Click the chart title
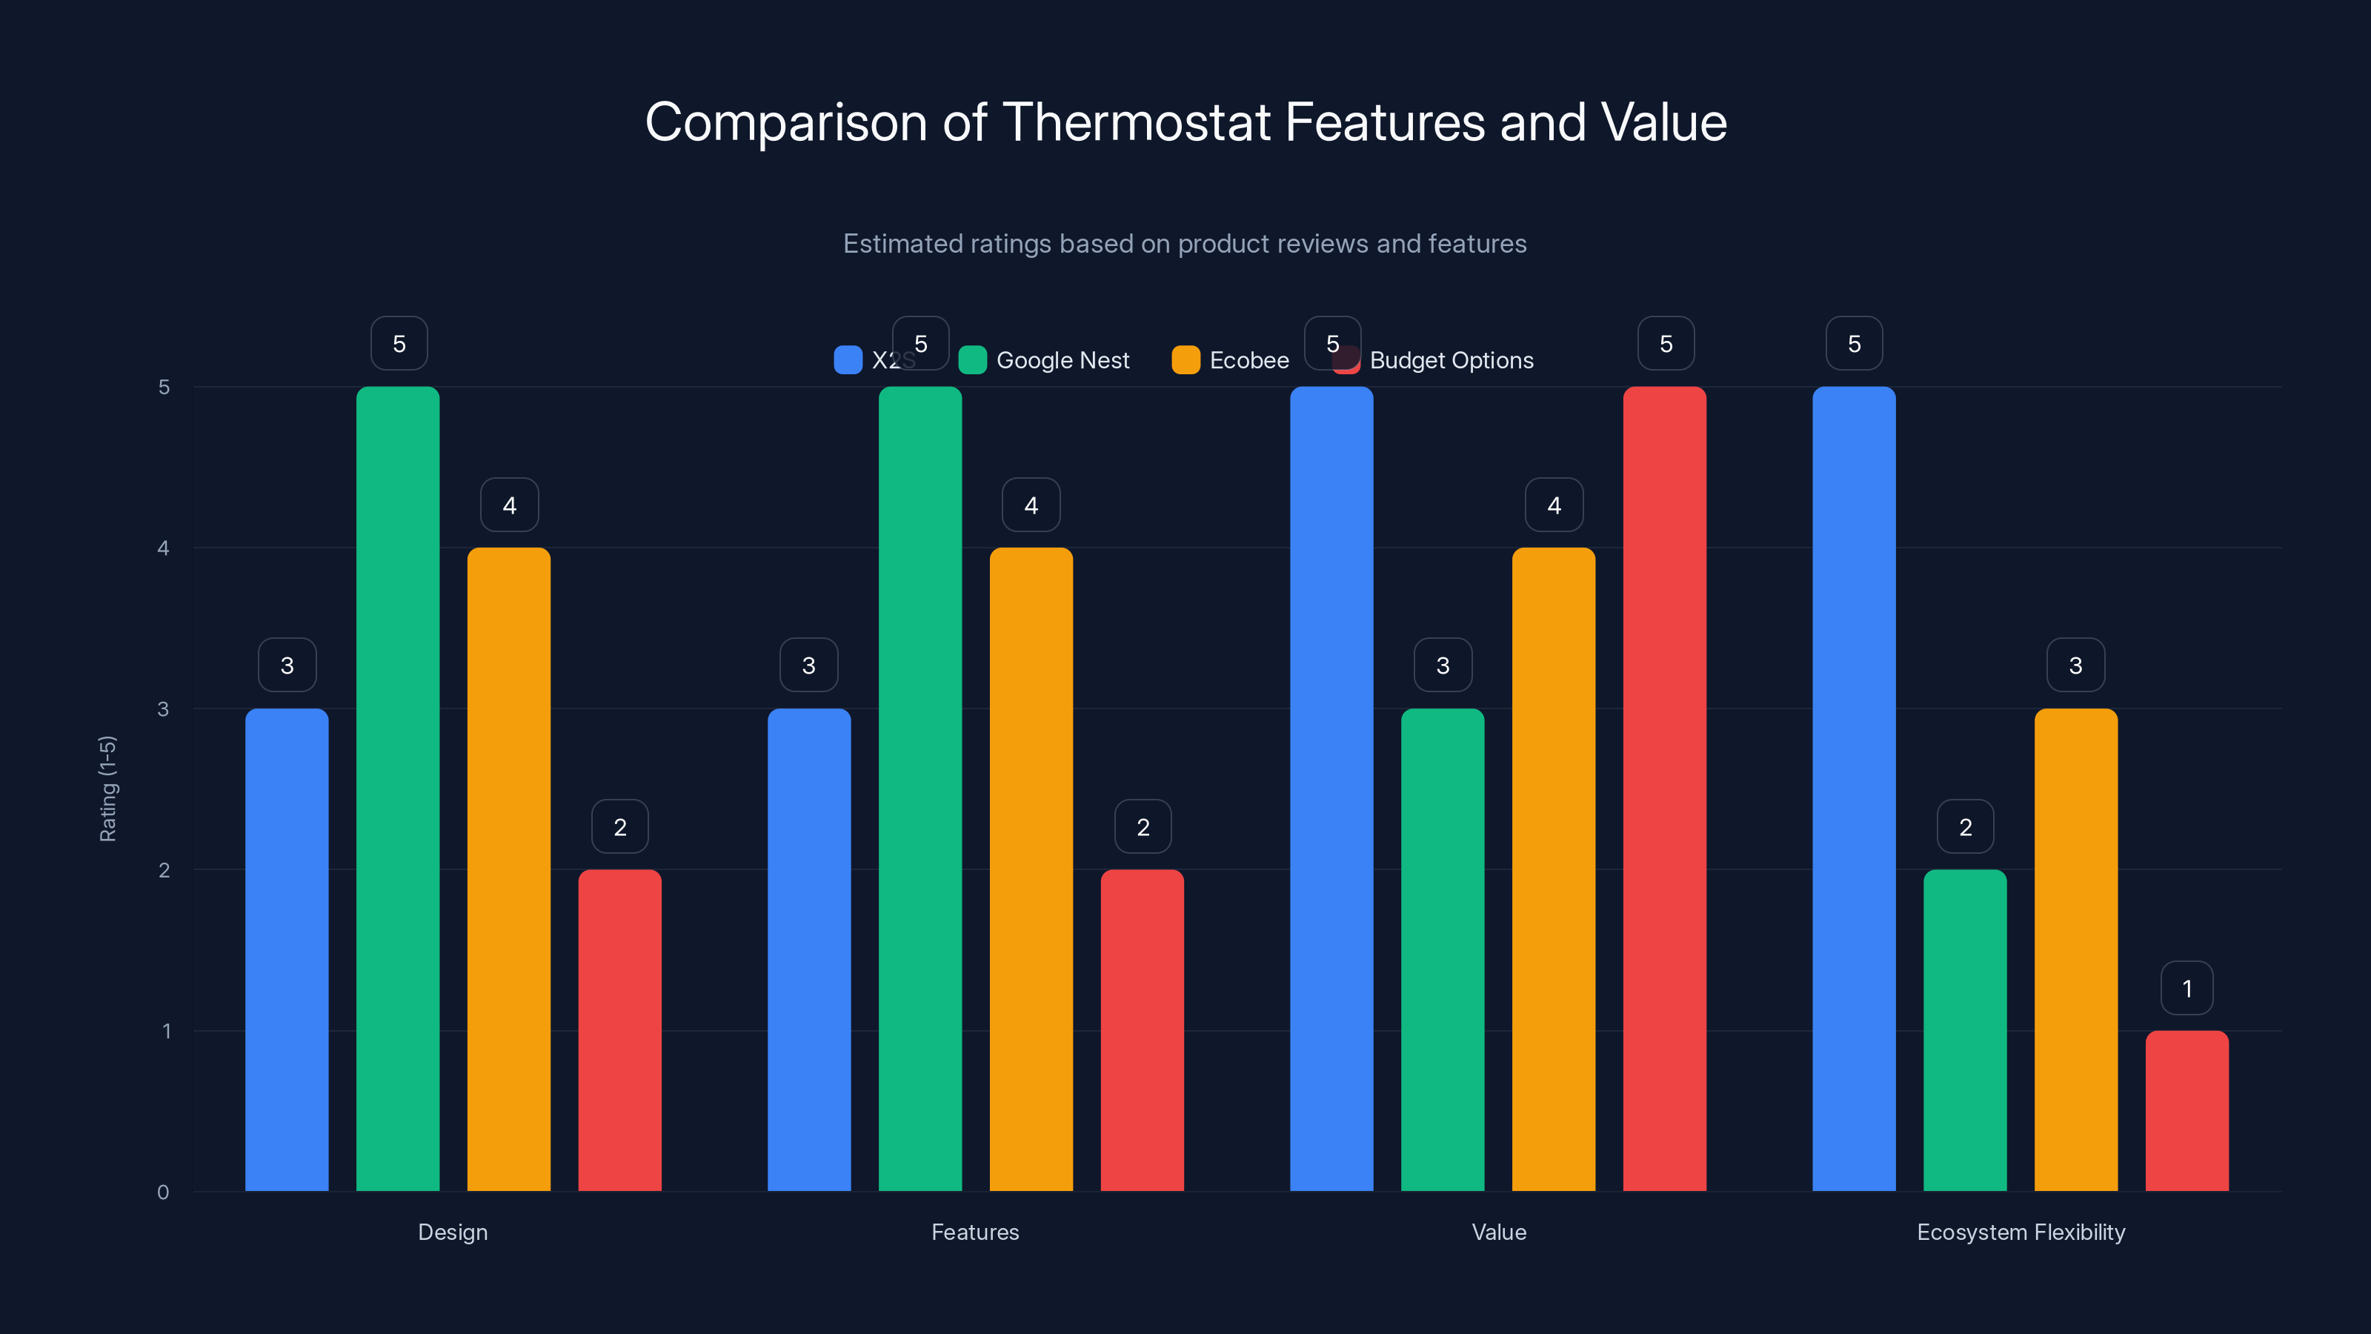pos(1185,122)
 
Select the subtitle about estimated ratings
pos(1185,244)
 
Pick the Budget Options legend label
pos(1451,360)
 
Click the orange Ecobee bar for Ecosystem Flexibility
pos(2075,949)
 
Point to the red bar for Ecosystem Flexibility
pos(2187,1110)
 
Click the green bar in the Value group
pos(1443,949)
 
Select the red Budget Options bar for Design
pos(619,1029)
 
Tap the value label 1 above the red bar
pos(2187,989)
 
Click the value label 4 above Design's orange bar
pos(509,505)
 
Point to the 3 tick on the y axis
pos(163,709)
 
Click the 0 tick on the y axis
pos(163,1192)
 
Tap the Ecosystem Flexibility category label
pos(2021,1232)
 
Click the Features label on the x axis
pos(975,1232)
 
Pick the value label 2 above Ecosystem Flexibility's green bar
pos(1965,827)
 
